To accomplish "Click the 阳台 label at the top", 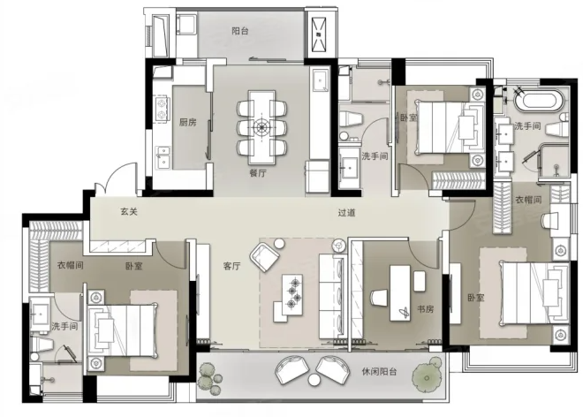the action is [239, 31].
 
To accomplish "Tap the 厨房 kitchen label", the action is [188, 122].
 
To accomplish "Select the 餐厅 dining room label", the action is [258, 173].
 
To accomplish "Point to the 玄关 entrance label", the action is [129, 212].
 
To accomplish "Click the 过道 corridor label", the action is [346, 213].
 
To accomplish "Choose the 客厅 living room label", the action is [231, 266].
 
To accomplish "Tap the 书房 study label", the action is [425, 309].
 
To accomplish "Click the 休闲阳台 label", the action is [379, 372].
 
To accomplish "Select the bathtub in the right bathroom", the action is [537, 100].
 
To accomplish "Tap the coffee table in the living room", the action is [292, 294].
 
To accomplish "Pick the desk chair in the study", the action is [379, 299].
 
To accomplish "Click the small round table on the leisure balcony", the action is [314, 379].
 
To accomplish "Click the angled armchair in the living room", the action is [264, 257].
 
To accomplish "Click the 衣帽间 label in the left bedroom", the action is [70, 265].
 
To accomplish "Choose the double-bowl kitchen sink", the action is [163, 157].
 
